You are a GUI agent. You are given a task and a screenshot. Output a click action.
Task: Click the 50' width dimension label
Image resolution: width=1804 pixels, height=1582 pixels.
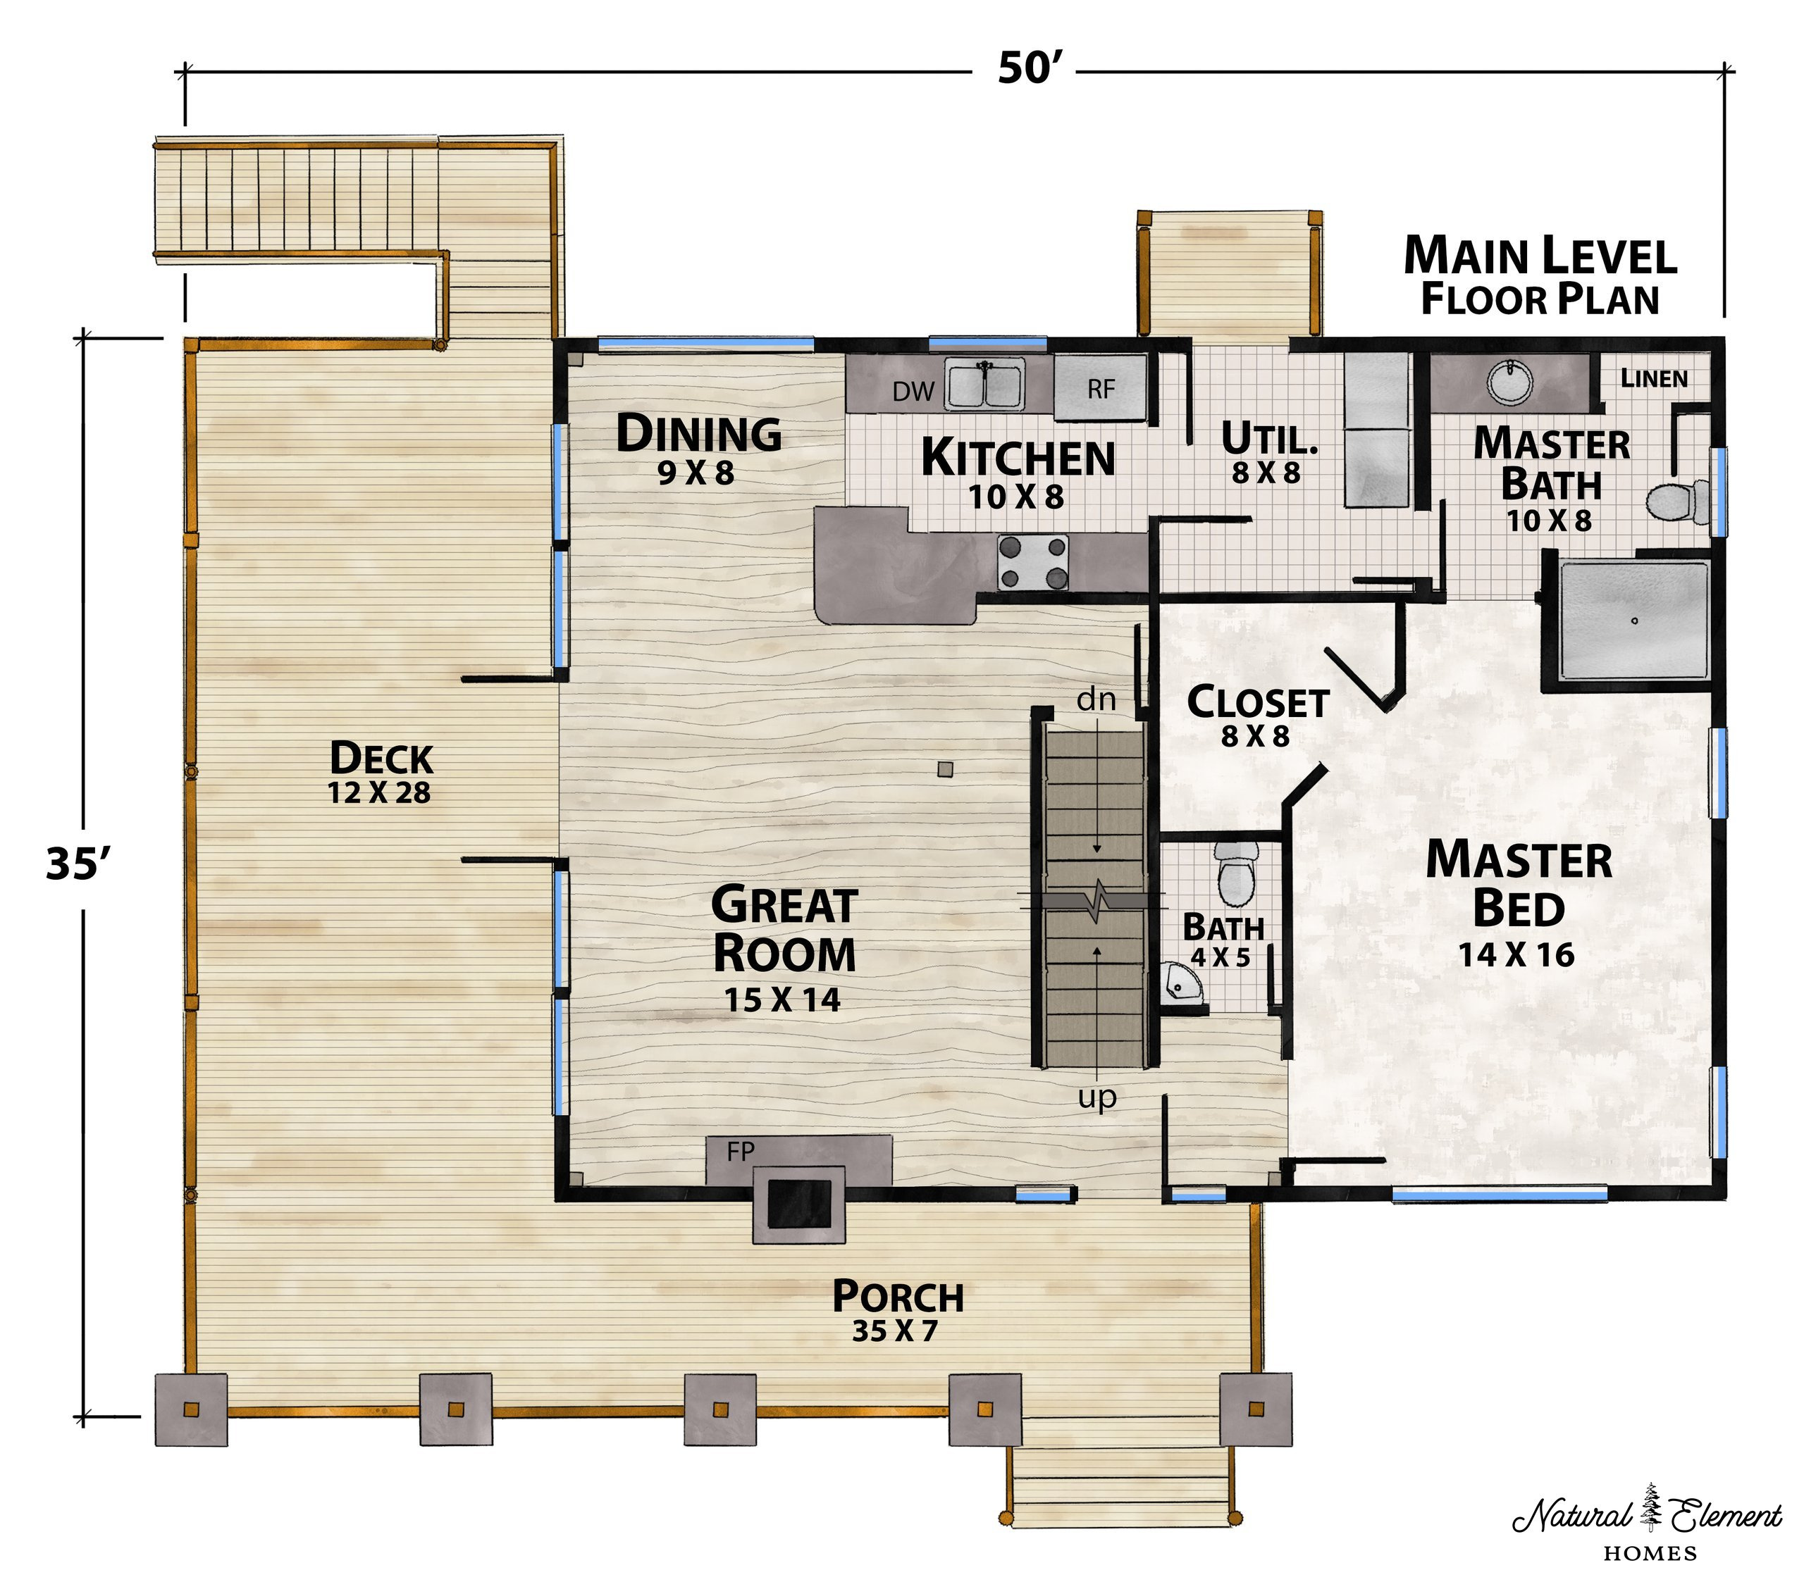pyautogui.click(x=1028, y=69)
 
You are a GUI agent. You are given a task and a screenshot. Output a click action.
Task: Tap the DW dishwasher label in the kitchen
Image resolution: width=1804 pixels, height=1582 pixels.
pyautogui.click(x=913, y=392)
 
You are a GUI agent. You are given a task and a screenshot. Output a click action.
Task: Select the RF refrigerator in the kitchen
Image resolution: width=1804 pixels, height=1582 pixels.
pyautogui.click(x=1101, y=388)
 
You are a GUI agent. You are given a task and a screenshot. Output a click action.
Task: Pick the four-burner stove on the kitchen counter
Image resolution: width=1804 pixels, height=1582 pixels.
pyautogui.click(x=1032, y=562)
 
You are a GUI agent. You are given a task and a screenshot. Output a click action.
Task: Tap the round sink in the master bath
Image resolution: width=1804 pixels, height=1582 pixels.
pyautogui.click(x=1510, y=380)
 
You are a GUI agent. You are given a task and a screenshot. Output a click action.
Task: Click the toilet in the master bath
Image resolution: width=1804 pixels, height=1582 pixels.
pyautogui.click(x=1678, y=502)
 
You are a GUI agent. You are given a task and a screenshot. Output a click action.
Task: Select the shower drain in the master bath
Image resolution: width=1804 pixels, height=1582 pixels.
pyautogui.click(x=1635, y=621)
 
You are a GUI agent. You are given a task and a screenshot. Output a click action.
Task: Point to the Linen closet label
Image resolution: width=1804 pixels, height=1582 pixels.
pyautogui.click(x=1654, y=378)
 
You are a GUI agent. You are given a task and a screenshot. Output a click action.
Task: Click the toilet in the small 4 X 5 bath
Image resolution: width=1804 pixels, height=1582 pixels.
pyautogui.click(x=1237, y=873)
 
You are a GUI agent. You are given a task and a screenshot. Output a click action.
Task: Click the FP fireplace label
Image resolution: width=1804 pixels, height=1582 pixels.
pyautogui.click(x=741, y=1150)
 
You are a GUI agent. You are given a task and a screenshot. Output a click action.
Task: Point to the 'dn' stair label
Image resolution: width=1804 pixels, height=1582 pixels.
pyautogui.click(x=1096, y=699)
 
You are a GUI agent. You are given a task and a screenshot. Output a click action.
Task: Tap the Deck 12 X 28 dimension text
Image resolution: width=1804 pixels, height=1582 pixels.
pyautogui.click(x=380, y=793)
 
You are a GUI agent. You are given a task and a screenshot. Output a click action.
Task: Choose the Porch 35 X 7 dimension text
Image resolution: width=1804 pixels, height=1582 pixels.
pyautogui.click(x=895, y=1331)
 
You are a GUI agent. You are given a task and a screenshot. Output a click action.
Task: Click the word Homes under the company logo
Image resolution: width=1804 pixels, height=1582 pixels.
pyautogui.click(x=1650, y=1553)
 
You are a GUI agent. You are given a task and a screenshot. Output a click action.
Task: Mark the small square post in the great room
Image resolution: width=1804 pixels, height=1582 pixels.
pyautogui.click(x=945, y=769)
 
